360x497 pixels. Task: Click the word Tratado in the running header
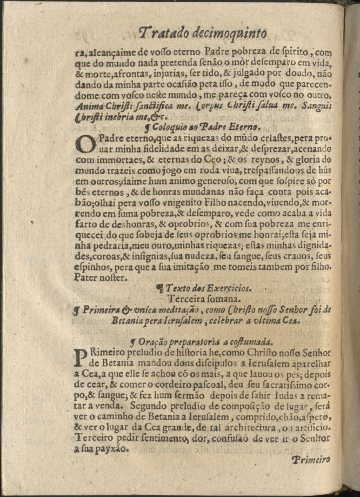pyautogui.click(x=164, y=34)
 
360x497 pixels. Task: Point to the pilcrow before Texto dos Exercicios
pyautogui.click(x=159, y=288)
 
